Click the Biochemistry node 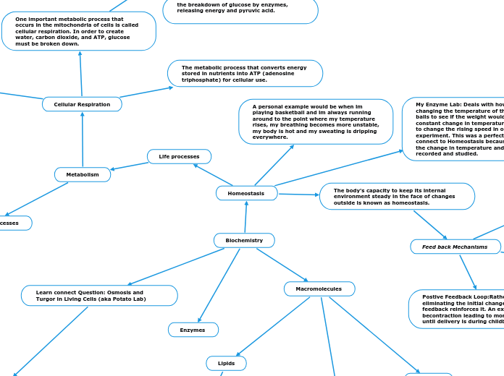244,240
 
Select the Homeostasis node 246,193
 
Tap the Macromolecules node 319,289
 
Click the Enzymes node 193,330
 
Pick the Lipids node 226,363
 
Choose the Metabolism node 83,174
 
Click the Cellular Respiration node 82,104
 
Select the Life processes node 179,156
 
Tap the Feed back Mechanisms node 455,247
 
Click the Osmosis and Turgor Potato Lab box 99,295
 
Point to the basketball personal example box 316,121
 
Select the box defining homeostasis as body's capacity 397,196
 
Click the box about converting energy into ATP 245,73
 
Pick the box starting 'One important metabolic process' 78,31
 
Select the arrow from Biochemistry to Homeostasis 245,217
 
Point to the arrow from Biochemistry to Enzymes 219,284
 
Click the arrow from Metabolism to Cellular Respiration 83,140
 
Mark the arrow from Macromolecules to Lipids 274,326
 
